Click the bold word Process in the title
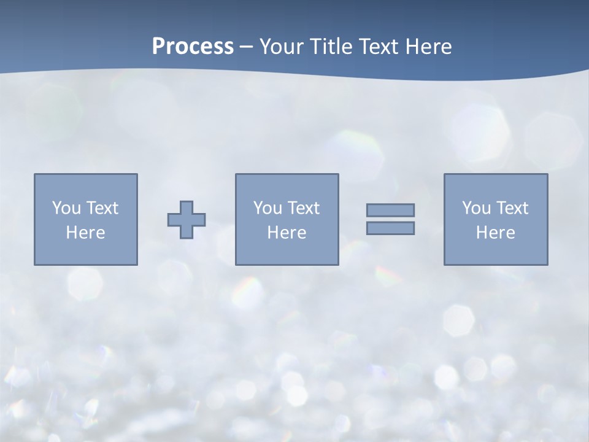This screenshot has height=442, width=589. pos(193,47)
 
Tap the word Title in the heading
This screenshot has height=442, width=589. pos(332,47)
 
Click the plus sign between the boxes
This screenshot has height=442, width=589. pos(187,219)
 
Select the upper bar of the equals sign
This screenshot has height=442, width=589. pos(390,211)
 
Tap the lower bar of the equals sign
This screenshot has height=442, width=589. pos(390,228)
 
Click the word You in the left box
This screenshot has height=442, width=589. pos(66,208)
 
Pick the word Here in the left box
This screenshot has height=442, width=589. pos(85,233)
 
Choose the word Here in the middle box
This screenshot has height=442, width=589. pos(287,233)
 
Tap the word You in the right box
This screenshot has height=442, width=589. pos(476,208)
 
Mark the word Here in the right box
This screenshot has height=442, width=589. pos(495,233)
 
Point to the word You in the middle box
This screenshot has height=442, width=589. pos(268,208)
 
